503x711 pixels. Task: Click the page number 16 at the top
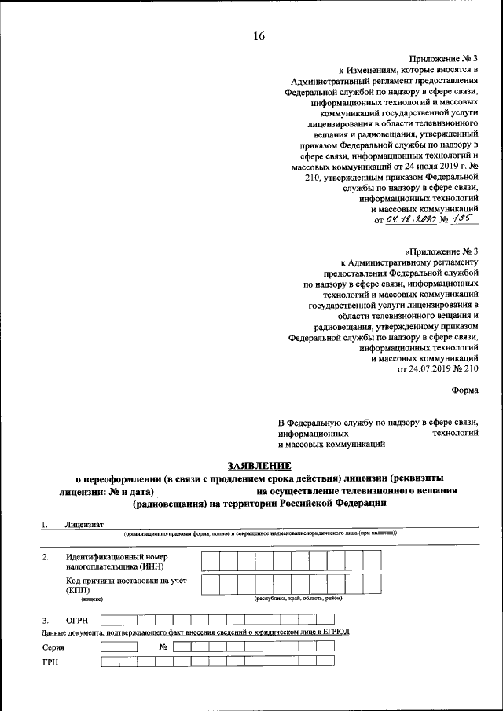259,37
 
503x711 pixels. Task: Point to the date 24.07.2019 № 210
438,368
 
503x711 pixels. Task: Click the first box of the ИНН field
210,560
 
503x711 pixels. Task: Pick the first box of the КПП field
210,584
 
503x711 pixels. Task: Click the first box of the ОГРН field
110,619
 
